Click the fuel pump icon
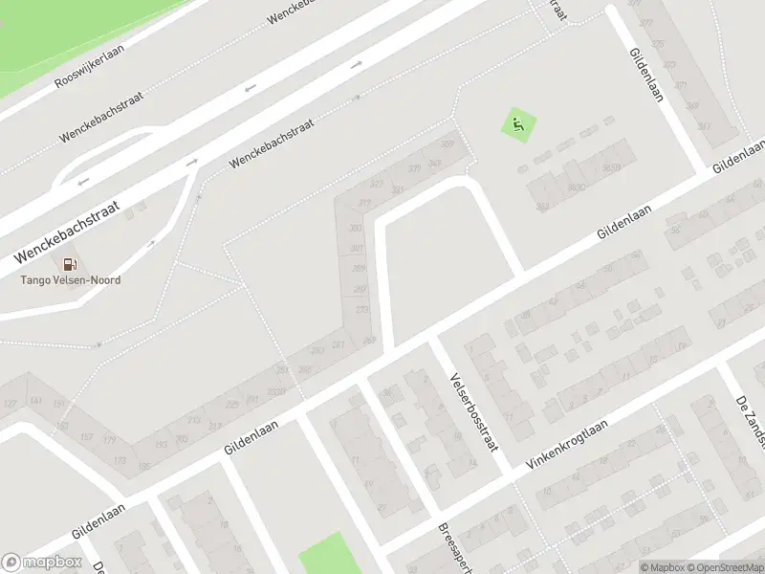69,264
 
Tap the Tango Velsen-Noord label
72,280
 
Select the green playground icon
518,124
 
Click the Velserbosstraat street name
474,411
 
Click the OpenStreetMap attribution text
725,567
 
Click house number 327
376,184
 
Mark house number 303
357,228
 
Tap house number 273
361,309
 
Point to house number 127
10,405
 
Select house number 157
85,437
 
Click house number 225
231,406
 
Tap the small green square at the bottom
325,553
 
